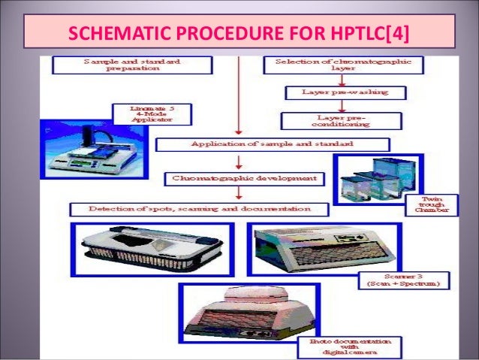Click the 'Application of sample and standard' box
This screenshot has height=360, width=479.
[272, 144]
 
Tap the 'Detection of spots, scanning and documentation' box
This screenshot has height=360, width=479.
[199, 208]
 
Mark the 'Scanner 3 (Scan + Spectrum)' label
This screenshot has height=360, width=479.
[405, 280]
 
